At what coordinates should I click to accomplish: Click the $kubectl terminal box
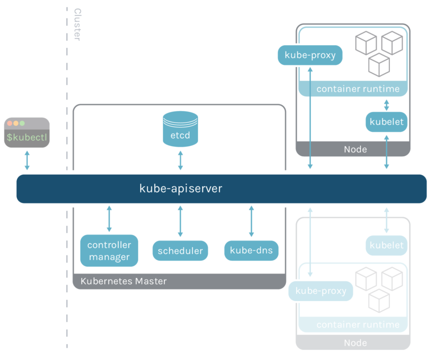coord(27,133)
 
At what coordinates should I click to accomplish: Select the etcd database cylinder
coord(180,129)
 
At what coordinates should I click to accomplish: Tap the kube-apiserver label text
coord(181,188)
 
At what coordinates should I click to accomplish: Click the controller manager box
coord(109,251)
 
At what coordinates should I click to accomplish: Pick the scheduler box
coord(180,251)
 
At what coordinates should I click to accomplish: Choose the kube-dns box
coord(251,251)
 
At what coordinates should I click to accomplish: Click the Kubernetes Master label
coord(123,281)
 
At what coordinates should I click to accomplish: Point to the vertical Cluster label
coord(77,24)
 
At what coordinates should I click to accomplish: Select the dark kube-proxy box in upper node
coord(310,55)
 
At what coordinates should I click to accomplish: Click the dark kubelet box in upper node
coord(386,122)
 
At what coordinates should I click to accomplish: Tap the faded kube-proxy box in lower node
coord(321,291)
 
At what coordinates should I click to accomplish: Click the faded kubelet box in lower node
coord(386,245)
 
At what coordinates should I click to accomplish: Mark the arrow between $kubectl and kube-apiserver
coord(27,160)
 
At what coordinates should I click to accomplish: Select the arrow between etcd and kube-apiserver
coord(180,160)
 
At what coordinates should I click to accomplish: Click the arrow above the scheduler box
coord(180,221)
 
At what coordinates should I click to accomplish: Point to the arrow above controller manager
coord(109,219)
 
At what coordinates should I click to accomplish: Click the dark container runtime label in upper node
coord(358,89)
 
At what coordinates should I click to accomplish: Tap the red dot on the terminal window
coord(10,123)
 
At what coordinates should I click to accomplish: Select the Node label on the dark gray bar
coord(355,149)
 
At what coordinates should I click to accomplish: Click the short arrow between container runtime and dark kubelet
coord(386,104)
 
